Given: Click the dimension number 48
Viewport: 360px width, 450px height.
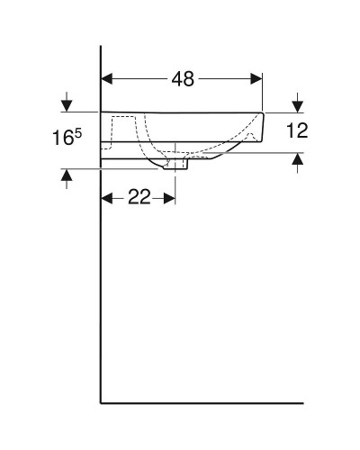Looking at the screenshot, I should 183,79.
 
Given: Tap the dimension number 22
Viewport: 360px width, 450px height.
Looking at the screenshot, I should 139,198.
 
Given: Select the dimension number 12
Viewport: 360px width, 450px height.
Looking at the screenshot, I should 297,131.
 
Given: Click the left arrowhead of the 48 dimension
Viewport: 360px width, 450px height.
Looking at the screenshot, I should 106,79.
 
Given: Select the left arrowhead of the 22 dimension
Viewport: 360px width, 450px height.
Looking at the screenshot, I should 106,198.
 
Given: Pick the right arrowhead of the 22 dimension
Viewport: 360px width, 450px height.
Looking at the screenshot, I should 170,198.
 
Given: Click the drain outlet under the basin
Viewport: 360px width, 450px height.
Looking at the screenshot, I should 176,164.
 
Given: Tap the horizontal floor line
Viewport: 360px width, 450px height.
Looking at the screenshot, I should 198,401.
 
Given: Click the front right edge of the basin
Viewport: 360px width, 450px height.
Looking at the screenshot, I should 262,126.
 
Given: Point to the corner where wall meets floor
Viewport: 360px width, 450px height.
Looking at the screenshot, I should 100,401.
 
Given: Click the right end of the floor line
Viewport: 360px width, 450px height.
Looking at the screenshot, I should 303,401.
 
